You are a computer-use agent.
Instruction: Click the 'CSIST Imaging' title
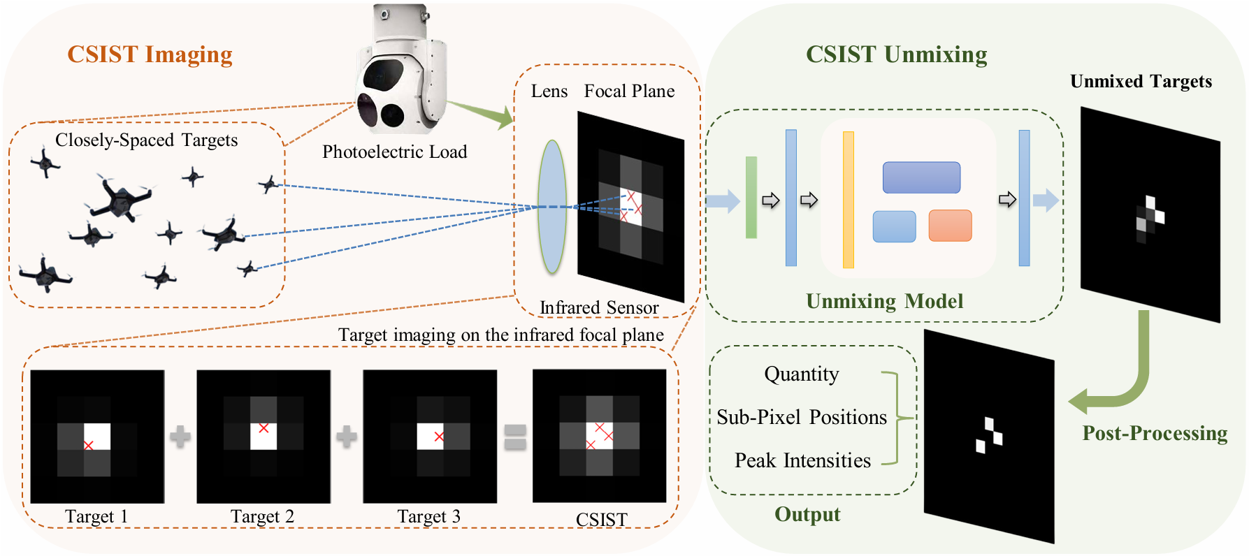coord(150,54)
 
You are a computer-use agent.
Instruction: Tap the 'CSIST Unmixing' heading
coord(897,54)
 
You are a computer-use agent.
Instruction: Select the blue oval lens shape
coord(552,207)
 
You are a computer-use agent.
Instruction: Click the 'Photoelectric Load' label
coord(394,152)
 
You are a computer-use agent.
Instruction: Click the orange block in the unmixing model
coord(950,226)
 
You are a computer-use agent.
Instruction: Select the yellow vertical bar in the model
coord(849,200)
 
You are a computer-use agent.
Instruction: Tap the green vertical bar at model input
coord(751,198)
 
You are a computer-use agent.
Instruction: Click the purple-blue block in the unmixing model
coord(921,177)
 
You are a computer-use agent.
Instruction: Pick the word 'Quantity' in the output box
coord(802,374)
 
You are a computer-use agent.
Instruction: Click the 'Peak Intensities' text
coord(802,460)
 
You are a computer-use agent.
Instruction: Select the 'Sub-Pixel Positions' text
coord(802,417)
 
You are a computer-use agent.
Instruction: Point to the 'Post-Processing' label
coord(1155,434)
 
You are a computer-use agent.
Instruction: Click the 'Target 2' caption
coord(262,517)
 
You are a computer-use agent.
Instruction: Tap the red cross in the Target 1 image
coord(88,445)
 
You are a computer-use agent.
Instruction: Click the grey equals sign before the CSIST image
coord(515,437)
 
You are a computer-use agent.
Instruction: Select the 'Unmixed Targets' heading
coord(1141,81)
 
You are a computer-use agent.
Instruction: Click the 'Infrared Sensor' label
coord(599,307)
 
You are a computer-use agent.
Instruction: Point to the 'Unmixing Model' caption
coord(884,301)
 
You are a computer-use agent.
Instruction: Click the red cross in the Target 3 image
coord(439,437)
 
